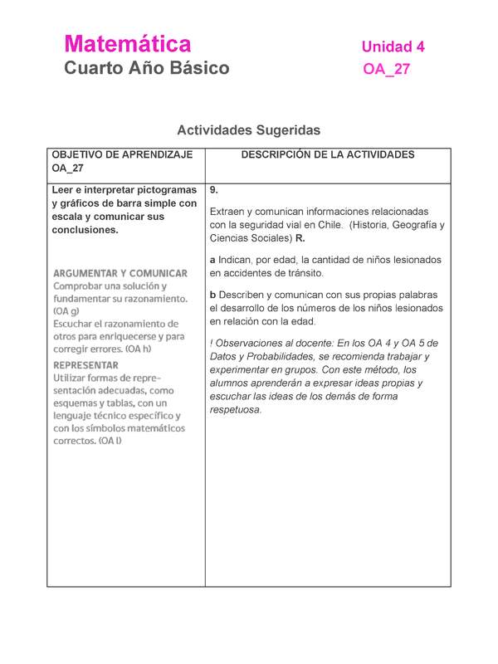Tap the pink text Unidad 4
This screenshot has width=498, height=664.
click(x=393, y=47)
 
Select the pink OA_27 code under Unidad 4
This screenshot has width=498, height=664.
click(x=386, y=71)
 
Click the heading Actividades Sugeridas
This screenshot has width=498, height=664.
click(x=249, y=130)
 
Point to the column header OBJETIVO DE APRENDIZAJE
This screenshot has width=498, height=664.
click(x=122, y=155)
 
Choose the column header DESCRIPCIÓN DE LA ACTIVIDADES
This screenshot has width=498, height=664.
click(x=327, y=155)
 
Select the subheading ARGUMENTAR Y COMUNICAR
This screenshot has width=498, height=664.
click(x=120, y=273)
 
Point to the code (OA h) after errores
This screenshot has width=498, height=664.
click(x=141, y=349)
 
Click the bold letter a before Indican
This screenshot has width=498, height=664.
click(x=212, y=260)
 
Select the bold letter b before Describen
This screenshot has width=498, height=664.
click(x=212, y=295)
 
